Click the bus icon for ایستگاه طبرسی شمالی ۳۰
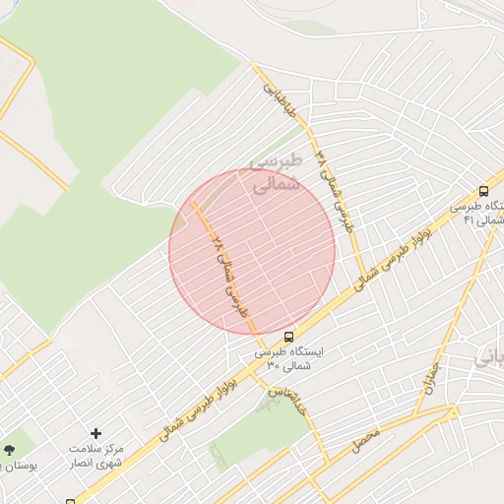(287, 336)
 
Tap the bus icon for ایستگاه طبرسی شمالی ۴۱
(483, 191)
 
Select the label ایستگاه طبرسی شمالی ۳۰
(287, 358)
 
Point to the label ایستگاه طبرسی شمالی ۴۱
(478, 214)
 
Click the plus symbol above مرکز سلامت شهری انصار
(95, 433)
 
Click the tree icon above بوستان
(9, 449)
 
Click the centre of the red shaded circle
(252, 252)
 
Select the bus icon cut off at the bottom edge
(69, 500)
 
